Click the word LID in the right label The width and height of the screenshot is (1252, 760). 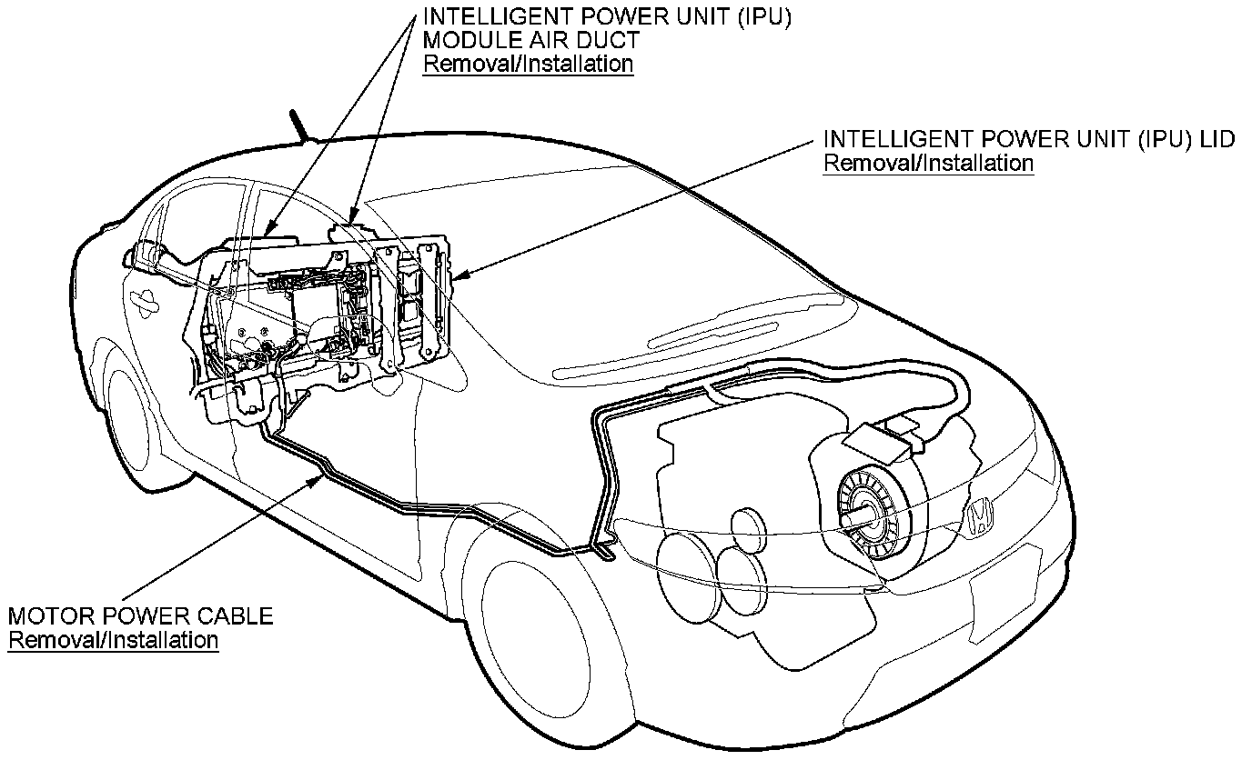(1217, 140)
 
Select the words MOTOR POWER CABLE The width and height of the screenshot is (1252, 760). (141, 615)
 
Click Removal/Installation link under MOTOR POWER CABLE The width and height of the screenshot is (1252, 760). (114, 640)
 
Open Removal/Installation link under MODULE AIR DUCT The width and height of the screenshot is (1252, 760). (529, 64)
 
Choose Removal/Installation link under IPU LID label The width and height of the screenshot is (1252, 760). (928, 164)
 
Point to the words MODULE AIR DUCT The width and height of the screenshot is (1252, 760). (531, 41)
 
